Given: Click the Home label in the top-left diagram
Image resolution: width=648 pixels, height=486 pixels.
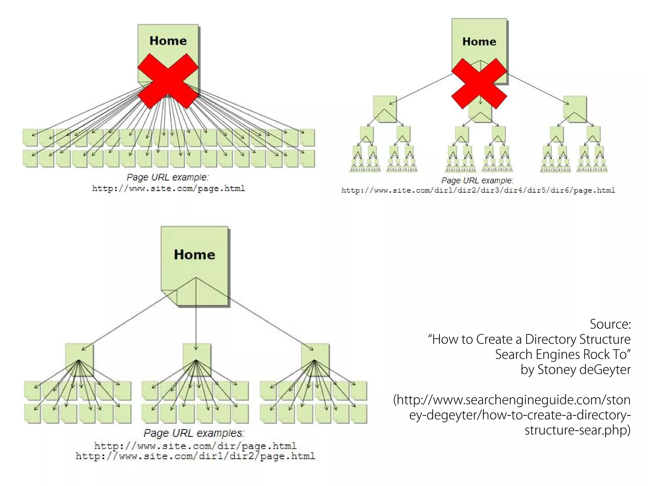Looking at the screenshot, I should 168,41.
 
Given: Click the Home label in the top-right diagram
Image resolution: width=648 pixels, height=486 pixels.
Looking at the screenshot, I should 479,41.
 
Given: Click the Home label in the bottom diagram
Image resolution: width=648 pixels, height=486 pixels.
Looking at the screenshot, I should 194,255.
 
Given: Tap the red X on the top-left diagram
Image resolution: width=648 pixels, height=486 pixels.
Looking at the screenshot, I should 168,81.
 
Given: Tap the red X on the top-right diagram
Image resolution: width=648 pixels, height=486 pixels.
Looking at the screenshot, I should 479,84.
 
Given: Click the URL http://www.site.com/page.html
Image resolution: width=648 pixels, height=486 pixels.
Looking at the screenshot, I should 168,189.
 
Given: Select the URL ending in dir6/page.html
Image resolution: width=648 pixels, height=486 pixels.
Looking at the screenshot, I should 478,190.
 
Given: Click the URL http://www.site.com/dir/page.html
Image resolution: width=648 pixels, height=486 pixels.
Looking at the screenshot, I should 195,446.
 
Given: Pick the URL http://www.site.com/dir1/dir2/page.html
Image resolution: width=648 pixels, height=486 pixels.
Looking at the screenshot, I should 195,456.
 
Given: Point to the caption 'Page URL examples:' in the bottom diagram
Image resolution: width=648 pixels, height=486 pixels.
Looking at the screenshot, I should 194,433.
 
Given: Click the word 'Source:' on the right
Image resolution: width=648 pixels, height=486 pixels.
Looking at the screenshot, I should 610,324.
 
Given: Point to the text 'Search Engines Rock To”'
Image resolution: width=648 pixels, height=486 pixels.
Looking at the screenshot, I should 563,354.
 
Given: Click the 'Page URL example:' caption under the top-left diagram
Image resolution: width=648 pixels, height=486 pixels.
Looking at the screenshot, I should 168,177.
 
